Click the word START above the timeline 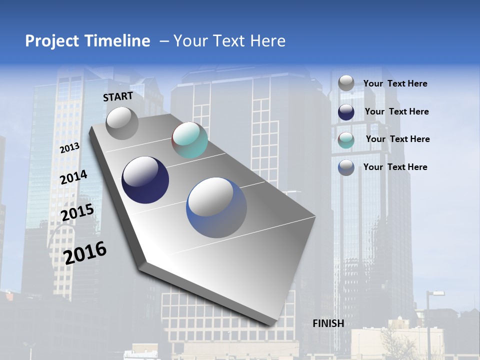[x=118, y=96]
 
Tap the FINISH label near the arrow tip [x=328, y=323]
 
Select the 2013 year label [x=69, y=148]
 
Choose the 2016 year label [x=85, y=252]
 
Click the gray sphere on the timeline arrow [x=122, y=123]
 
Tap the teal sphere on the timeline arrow [x=189, y=140]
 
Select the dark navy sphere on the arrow [x=145, y=180]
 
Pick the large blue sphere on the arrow [x=216, y=207]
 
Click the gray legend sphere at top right [x=346, y=83]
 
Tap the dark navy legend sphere [x=346, y=112]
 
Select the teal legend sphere [x=346, y=139]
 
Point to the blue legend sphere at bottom [x=346, y=167]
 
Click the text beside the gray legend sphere [x=395, y=84]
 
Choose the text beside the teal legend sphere [x=397, y=139]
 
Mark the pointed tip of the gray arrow [x=272, y=326]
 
